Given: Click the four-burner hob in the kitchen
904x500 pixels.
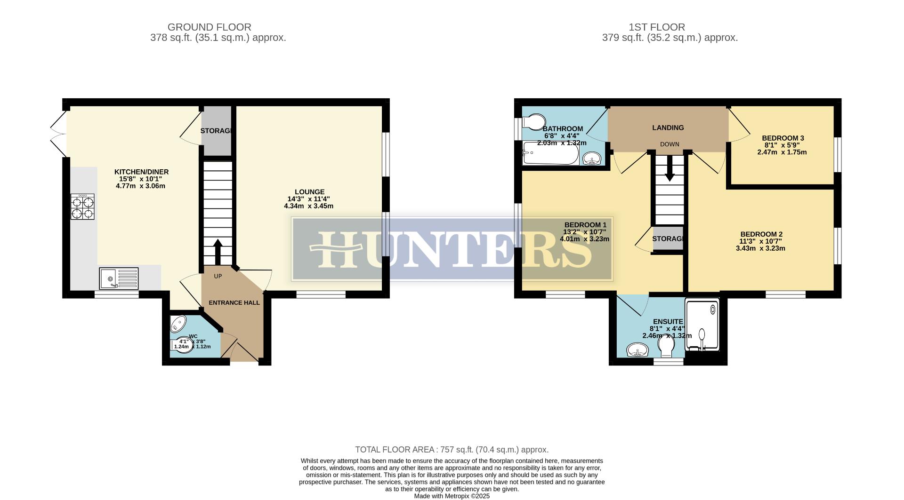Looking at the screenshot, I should (82, 207).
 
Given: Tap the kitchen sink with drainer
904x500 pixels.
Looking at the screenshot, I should (119, 278).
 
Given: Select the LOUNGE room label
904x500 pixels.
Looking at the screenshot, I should (309, 192).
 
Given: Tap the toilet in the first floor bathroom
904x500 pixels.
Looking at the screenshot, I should (534, 122).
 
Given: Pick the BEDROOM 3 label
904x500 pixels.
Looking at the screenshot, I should (783, 138).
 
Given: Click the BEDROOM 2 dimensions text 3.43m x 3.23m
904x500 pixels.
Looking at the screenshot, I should (760, 248).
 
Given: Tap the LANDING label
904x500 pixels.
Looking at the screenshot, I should (668, 127).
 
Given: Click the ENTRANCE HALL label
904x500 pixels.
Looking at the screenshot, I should (234, 302).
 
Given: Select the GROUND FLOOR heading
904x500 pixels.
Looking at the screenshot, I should (209, 27).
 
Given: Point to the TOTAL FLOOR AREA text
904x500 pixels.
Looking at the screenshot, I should (452, 450).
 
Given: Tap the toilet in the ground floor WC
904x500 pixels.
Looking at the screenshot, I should (183, 345).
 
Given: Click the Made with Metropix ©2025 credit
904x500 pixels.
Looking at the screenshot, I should (452, 496).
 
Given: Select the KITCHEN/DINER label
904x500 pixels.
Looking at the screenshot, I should (141, 172).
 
